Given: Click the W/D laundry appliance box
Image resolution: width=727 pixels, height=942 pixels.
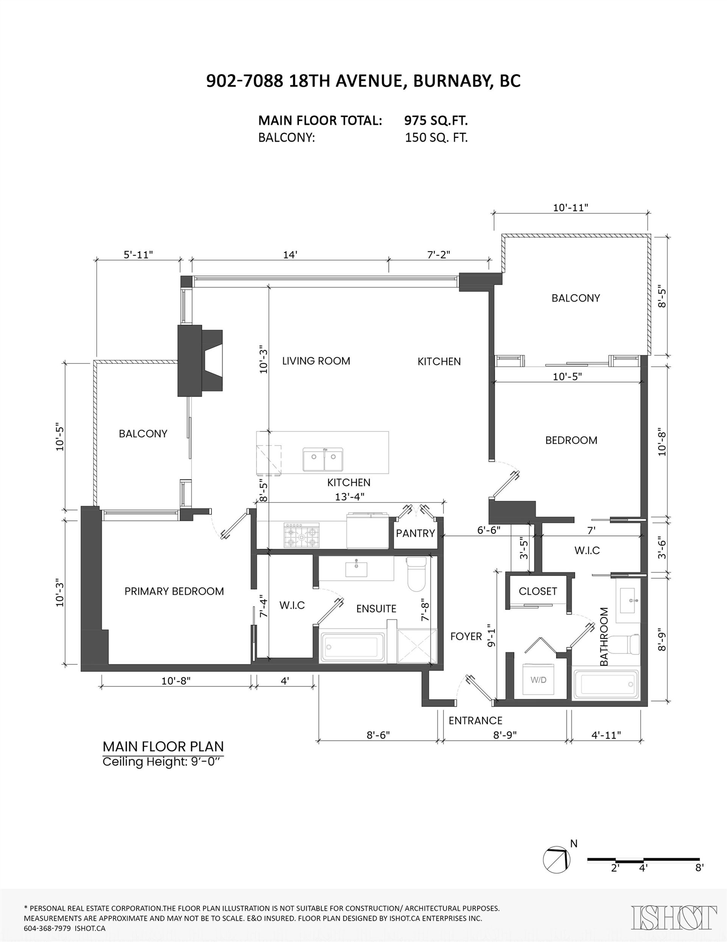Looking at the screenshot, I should coord(538,680).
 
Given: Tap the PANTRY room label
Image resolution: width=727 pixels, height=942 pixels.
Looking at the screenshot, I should coord(415,533).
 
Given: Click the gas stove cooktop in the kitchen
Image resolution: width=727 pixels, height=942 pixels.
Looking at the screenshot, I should coord(302,535).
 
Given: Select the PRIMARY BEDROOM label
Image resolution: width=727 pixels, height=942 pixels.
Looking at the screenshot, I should coord(174,591).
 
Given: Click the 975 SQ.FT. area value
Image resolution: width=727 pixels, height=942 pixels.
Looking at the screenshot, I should coord(436,120).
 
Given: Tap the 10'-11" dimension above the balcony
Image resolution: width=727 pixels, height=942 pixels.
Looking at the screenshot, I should coord(571,208).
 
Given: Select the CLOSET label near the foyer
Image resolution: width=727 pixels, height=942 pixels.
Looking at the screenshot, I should coord(538,591).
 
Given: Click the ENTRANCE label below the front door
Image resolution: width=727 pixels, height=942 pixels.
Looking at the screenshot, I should coord(475,721).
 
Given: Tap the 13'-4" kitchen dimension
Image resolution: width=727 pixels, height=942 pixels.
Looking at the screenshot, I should coord(349,497).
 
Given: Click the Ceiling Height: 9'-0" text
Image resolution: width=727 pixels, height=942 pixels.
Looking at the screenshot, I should coord(163,762).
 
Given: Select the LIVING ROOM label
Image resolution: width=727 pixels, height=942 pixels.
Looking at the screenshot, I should coord(316,361).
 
